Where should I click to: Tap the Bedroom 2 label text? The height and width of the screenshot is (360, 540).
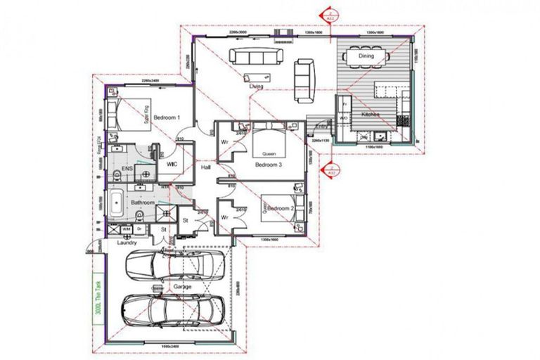pyautogui.click(x=279, y=209)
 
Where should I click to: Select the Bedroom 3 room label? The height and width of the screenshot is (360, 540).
pyautogui.click(x=269, y=165)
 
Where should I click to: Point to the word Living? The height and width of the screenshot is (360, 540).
pyautogui.click(x=256, y=86)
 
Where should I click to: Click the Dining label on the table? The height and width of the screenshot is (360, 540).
pyautogui.click(x=366, y=56)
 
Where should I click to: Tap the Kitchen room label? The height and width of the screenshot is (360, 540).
pyautogui.click(x=371, y=114)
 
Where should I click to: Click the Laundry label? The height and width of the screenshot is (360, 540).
pyautogui.click(x=127, y=243)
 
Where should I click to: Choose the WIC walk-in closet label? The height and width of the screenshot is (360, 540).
pyautogui.click(x=172, y=164)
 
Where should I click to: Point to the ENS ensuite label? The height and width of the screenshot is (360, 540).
pyautogui.click(x=128, y=170)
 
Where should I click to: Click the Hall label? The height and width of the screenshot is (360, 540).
pyautogui.click(x=206, y=168)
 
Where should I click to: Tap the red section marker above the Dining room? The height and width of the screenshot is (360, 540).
pyautogui.click(x=328, y=12)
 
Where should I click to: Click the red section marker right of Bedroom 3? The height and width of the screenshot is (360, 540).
pyautogui.click(x=327, y=170)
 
